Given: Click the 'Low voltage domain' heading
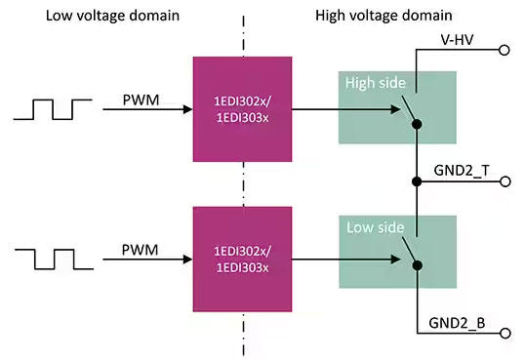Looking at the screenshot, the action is pyautogui.click(x=112, y=16).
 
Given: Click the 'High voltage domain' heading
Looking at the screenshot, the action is pyautogui.click(x=384, y=16).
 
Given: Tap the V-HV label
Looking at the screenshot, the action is pyautogui.click(x=457, y=40).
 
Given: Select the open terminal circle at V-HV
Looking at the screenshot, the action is pyautogui.click(x=504, y=50).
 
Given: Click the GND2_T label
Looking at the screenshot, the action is pyautogui.click(x=462, y=171).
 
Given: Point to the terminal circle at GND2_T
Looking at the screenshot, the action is pyautogui.click(x=505, y=181).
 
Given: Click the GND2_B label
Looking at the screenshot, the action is pyautogui.click(x=457, y=323).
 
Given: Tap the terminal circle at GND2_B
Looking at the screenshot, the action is pyautogui.click(x=505, y=334).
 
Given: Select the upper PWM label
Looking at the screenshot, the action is pyautogui.click(x=141, y=100).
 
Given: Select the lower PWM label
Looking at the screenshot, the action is pyautogui.click(x=140, y=250).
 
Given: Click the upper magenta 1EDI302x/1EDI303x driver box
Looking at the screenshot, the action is pyautogui.click(x=242, y=109).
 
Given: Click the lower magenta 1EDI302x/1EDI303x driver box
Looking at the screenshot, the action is pyautogui.click(x=242, y=260).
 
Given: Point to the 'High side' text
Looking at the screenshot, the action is pyautogui.click(x=376, y=83).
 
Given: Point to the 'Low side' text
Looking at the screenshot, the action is pyautogui.click(x=376, y=227).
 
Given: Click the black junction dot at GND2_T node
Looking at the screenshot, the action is pyautogui.click(x=417, y=181).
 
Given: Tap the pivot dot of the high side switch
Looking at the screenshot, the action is pyautogui.click(x=417, y=124).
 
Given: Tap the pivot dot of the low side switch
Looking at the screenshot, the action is pyautogui.click(x=418, y=265).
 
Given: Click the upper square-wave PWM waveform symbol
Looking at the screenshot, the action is pyautogui.click(x=53, y=109).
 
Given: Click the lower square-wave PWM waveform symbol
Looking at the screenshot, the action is pyautogui.click(x=55, y=260).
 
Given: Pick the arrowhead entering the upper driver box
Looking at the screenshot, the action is pyautogui.click(x=187, y=109).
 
